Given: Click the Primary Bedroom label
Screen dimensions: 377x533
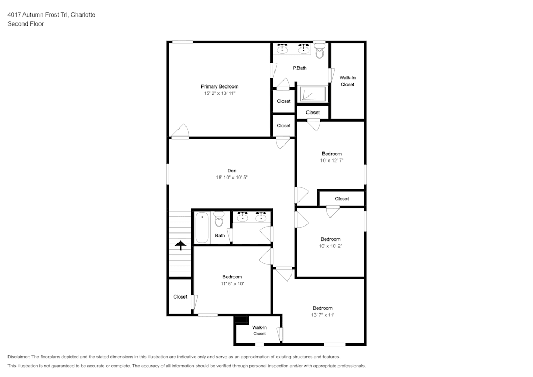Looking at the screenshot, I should (x=219, y=86).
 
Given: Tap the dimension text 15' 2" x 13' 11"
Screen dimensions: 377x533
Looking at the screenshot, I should (x=219, y=93).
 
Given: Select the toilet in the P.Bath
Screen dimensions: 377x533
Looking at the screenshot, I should (x=319, y=52).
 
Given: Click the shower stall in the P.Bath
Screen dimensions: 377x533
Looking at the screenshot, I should (x=312, y=94).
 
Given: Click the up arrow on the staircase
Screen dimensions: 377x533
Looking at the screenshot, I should (x=181, y=245).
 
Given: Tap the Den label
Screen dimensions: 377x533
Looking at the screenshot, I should (x=231, y=171).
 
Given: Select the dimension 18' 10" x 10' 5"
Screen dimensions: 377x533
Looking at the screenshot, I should (x=231, y=178).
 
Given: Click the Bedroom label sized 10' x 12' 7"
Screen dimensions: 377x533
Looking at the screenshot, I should (x=332, y=154).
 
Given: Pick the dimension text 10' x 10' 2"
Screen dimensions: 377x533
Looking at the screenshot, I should (x=330, y=246).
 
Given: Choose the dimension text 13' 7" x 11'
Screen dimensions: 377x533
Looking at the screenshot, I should (x=322, y=315).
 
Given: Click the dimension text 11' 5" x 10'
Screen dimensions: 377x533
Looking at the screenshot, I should (x=232, y=284).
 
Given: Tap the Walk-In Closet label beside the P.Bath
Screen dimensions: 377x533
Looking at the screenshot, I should (x=347, y=81).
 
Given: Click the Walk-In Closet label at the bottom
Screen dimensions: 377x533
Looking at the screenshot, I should (x=260, y=331).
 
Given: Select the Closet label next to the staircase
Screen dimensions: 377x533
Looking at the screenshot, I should (x=180, y=297).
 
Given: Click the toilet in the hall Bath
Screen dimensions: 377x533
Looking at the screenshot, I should (x=219, y=219).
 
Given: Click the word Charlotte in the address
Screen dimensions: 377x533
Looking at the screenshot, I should (x=83, y=15).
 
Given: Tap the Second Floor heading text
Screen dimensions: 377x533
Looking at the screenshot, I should (x=26, y=24).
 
